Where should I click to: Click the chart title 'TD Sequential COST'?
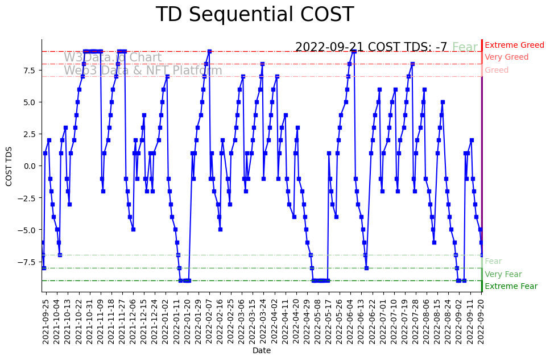click(x=254, y=15)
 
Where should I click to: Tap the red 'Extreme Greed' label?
click(x=514, y=45)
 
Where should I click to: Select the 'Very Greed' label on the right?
click(x=506, y=57)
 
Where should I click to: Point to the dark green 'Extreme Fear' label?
click(x=511, y=286)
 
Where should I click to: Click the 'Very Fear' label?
click(x=503, y=274)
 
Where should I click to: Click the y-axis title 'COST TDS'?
click(x=9, y=165)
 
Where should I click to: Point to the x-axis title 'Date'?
click(x=262, y=351)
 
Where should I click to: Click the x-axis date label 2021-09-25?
click(x=46, y=320)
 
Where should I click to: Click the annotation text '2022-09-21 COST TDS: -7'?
click(x=371, y=47)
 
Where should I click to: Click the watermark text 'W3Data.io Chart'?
click(x=113, y=57)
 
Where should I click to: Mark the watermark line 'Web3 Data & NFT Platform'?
click(x=143, y=71)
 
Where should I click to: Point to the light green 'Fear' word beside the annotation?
click(x=465, y=47)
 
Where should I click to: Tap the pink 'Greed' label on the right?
click(x=497, y=70)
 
